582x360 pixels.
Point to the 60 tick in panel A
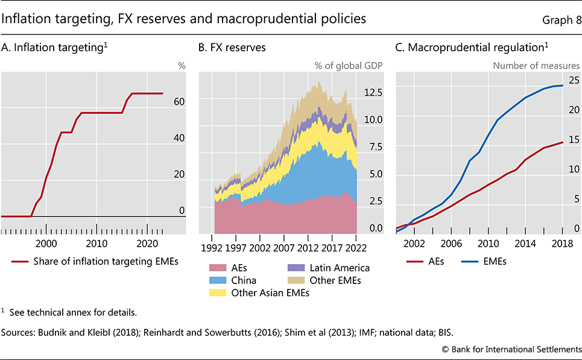[179, 102]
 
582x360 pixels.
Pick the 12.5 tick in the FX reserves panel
[375, 92]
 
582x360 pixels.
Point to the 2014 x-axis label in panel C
[525, 243]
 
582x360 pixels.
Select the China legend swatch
[215, 280]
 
